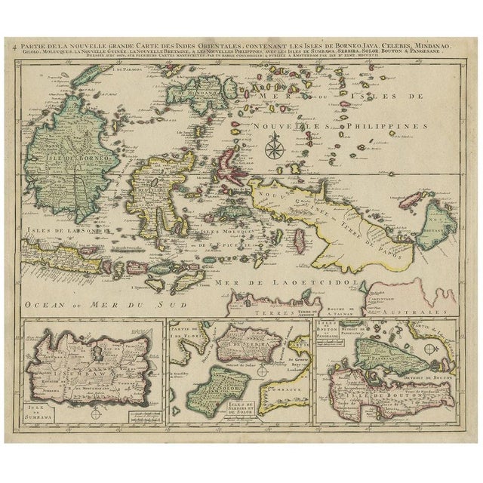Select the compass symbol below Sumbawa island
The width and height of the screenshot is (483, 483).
tap(95, 412)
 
